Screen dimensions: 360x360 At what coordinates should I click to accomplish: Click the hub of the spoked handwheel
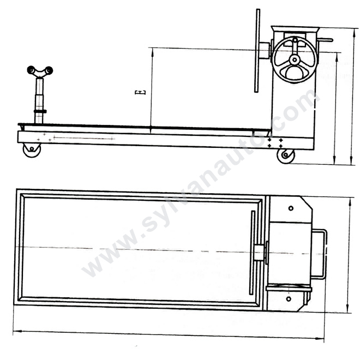(x=295, y=59)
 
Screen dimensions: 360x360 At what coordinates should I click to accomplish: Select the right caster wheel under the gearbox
(x=286, y=155)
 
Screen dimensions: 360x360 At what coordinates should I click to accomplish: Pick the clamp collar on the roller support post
(x=40, y=111)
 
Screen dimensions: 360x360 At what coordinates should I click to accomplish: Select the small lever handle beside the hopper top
(x=326, y=40)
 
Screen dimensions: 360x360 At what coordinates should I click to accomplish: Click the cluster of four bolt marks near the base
(x=275, y=143)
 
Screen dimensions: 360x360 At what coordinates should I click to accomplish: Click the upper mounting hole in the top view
(x=290, y=208)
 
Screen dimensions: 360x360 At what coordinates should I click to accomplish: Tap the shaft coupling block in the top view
(x=259, y=252)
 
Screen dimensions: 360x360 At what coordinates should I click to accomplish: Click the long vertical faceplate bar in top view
(x=252, y=253)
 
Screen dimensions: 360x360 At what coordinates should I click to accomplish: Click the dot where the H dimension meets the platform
(x=151, y=128)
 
